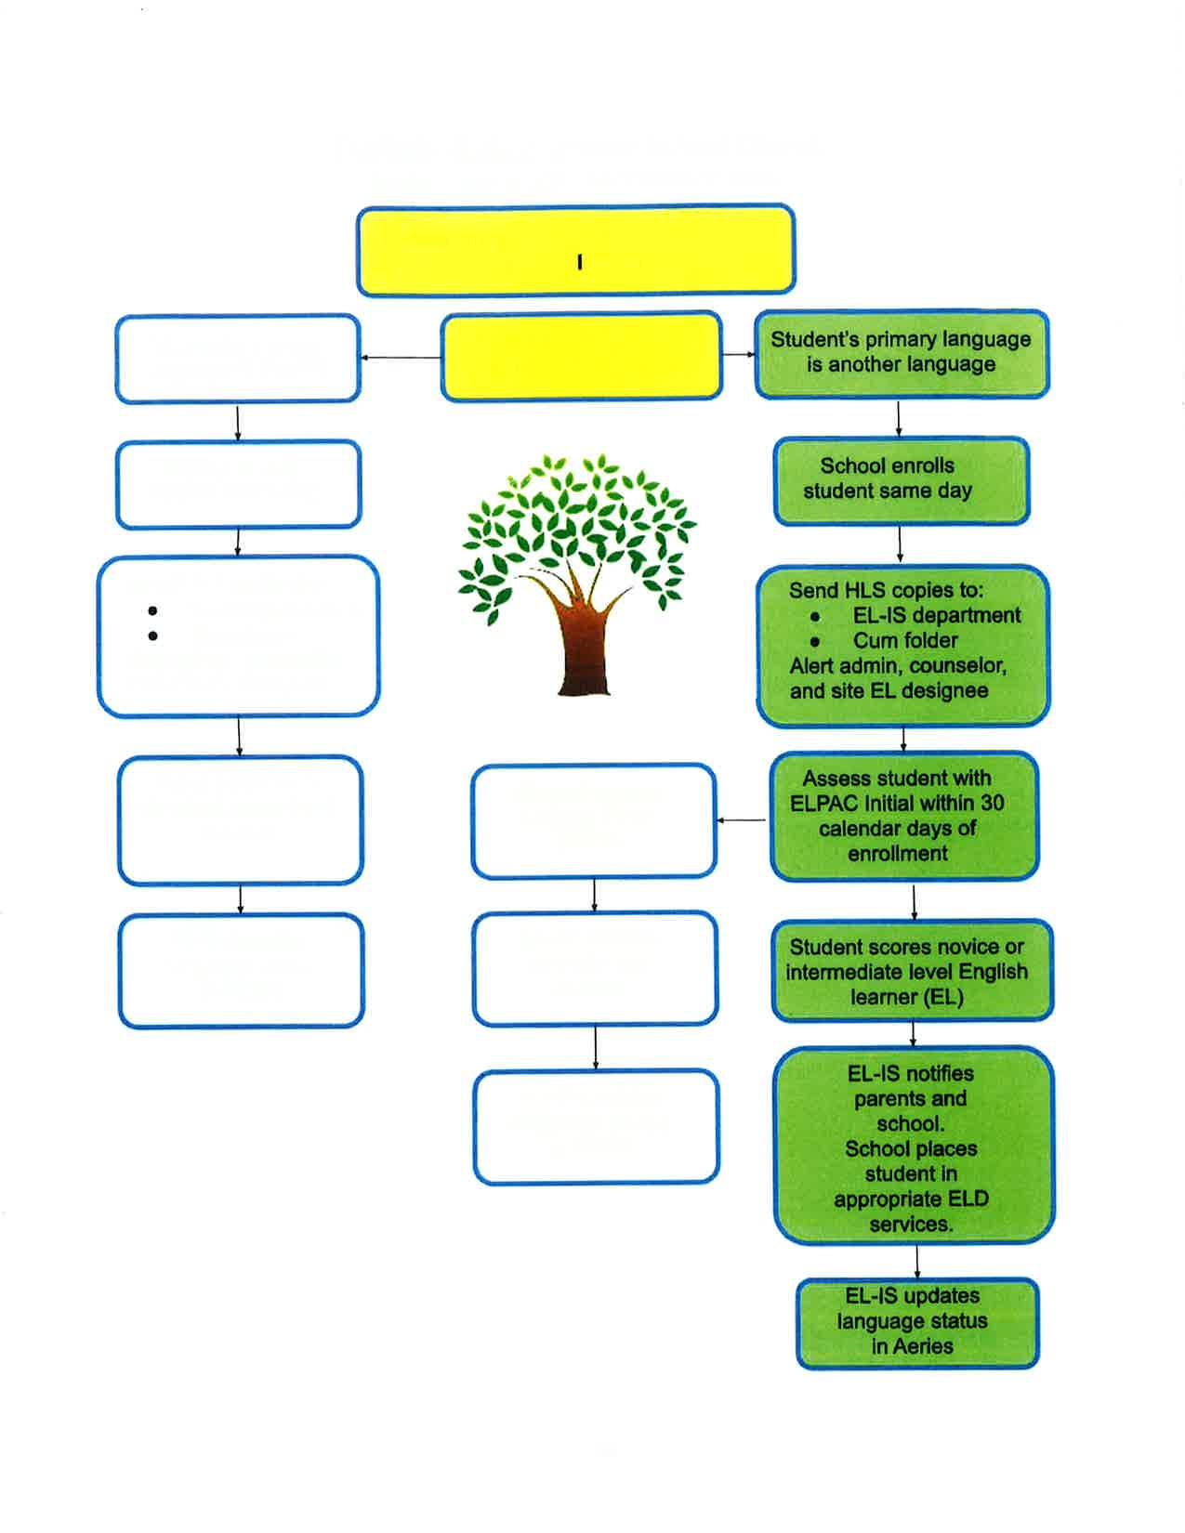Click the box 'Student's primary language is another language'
pos(901,353)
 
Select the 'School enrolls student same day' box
pos(901,479)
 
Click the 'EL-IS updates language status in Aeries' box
pos(916,1322)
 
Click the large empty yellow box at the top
pos(575,250)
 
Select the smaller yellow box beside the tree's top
pos(581,357)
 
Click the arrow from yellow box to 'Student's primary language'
pos(739,354)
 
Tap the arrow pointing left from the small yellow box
pos(401,357)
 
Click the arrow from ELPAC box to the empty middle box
pos(742,820)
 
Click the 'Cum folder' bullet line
pos(904,640)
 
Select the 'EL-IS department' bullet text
pos(936,615)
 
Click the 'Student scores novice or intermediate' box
pos(911,972)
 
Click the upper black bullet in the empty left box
pos(152,611)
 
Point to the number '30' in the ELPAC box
pos(991,803)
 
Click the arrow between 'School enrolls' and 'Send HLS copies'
pos(900,544)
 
